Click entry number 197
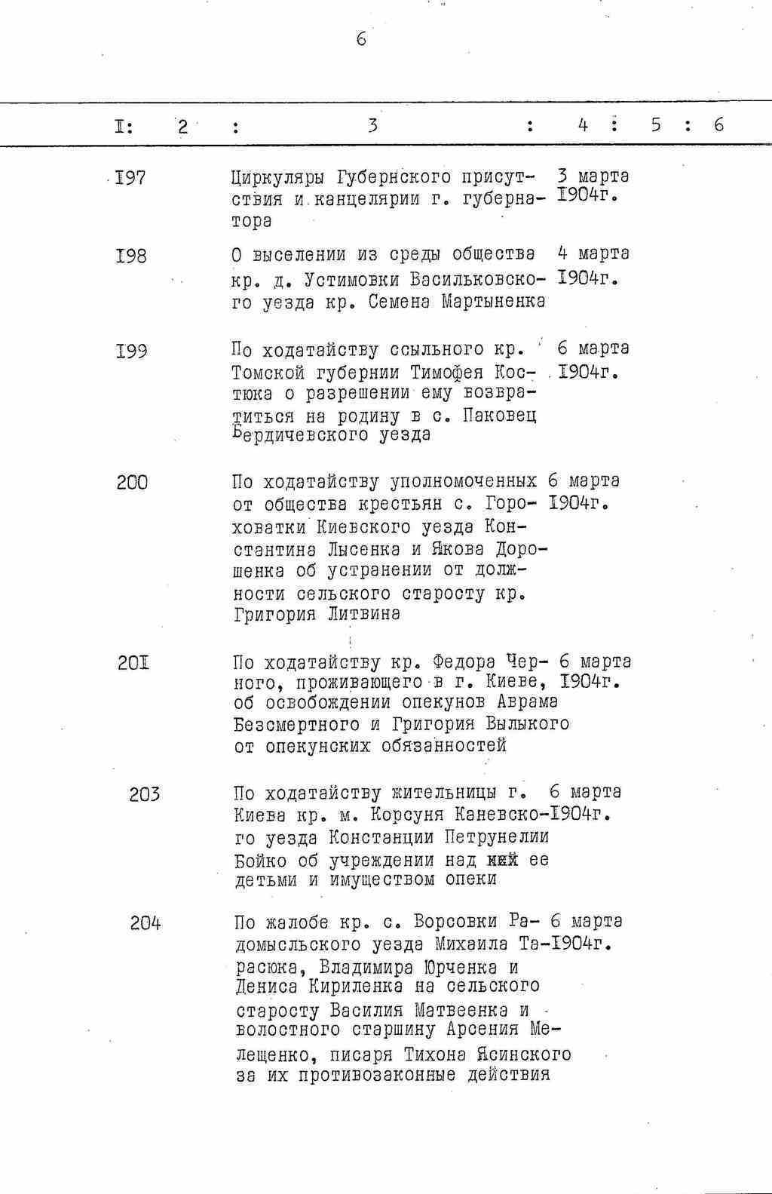coord(130,179)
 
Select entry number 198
coord(131,256)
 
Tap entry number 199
coord(131,351)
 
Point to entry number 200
coord(132,483)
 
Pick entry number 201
coord(133,664)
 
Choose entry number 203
coord(144,794)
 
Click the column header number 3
coord(372,125)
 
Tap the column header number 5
coord(655,125)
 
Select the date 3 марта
coord(593,176)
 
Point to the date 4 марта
coord(593,253)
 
